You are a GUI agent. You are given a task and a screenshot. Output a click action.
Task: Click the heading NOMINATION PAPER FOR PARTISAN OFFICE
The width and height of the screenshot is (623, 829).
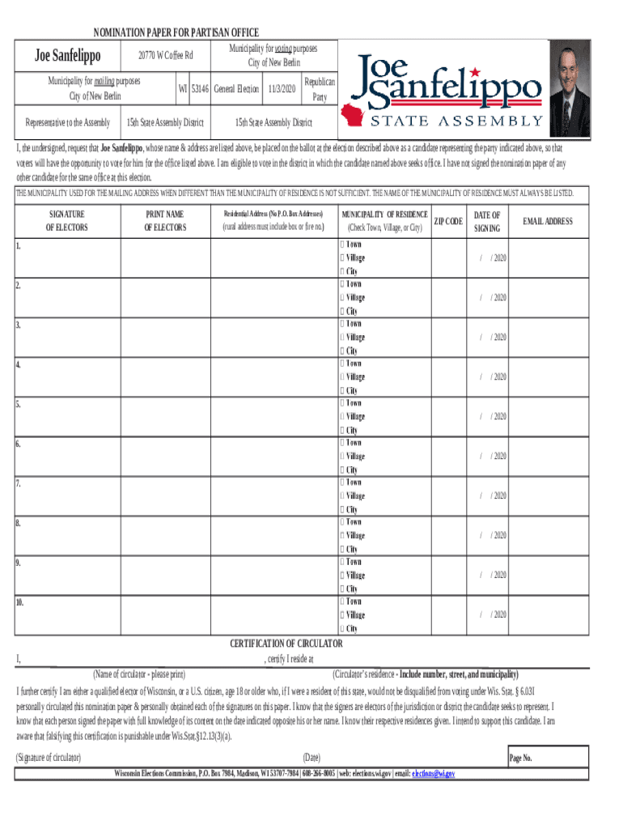click(x=176, y=32)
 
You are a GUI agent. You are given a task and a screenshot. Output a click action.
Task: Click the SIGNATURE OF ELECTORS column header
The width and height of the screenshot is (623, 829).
click(x=66, y=221)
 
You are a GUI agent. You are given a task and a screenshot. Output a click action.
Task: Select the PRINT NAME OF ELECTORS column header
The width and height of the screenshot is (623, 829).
click(x=165, y=221)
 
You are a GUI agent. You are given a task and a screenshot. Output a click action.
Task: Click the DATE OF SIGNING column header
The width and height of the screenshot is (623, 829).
click(x=487, y=221)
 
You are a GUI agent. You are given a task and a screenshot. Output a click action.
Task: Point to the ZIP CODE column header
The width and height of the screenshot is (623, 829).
click(x=449, y=221)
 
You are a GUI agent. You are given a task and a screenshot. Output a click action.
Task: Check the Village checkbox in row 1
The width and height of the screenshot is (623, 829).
click(x=343, y=258)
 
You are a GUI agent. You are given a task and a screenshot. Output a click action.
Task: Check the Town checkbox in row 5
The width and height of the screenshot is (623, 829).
click(x=343, y=403)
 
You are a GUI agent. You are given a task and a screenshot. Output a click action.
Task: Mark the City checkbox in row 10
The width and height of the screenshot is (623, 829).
click(x=343, y=628)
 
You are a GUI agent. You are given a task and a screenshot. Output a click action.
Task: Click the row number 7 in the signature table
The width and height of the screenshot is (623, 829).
click(x=18, y=483)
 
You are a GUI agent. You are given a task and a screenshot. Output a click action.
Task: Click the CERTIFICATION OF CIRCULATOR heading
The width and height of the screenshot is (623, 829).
click(x=286, y=644)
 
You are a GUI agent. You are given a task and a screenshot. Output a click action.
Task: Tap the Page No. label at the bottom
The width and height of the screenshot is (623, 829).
click(x=520, y=758)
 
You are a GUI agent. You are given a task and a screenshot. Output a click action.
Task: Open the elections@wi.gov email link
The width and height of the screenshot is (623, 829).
click(x=434, y=774)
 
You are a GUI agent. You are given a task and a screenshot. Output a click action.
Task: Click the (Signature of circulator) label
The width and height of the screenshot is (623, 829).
click(x=49, y=758)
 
